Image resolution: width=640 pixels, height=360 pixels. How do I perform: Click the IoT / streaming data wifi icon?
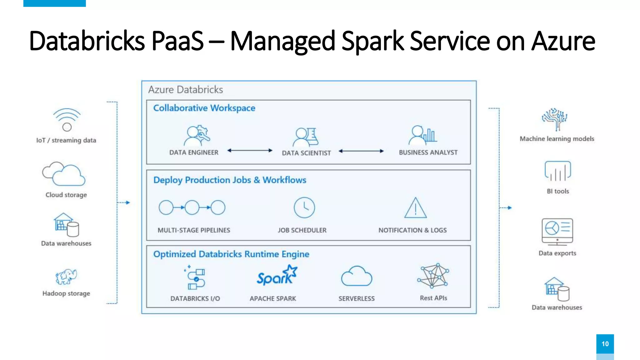(67, 119)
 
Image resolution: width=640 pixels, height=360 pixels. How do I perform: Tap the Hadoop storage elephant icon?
(66, 277)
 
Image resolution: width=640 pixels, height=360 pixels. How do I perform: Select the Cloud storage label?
(66, 195)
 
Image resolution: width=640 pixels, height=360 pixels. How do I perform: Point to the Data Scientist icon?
(306, 137)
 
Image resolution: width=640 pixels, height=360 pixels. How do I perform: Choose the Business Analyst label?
(428, 152)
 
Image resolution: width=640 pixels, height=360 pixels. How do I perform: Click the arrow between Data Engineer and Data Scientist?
(250, 151)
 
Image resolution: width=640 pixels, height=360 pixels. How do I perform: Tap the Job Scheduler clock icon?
(304, 207)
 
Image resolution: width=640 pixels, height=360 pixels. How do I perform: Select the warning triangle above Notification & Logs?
(415, 208)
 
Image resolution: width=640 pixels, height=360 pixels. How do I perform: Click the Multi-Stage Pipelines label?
(194, 230)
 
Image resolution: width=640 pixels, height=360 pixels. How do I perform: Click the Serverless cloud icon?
(357, 277)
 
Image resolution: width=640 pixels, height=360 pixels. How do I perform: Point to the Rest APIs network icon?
(433, 276)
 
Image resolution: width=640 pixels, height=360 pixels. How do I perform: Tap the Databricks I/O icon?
(195, 277)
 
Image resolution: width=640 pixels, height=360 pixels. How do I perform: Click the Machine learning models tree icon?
(555, 119)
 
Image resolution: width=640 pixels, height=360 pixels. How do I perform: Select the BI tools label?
(558, 191)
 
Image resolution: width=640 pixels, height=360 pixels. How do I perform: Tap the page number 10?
(605, 344)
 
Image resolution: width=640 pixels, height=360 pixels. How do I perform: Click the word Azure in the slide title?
(563, 41)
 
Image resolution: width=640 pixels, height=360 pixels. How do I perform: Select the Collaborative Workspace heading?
(204, 108)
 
